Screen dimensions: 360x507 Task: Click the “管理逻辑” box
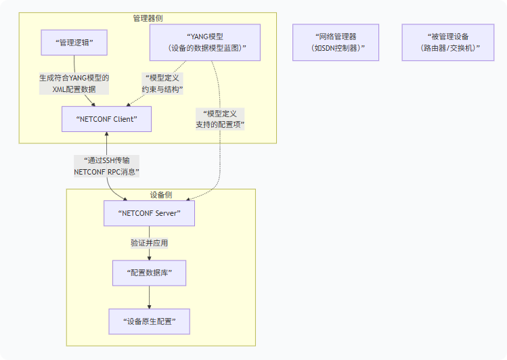pos(75,43)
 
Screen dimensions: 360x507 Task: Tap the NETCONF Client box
pos(106,119)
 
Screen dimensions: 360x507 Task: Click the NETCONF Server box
pos(149,213)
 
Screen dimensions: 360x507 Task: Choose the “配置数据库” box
pos(149,273)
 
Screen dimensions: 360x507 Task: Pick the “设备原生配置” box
pos(149,321)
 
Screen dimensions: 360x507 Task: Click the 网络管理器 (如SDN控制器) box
pos(336,43)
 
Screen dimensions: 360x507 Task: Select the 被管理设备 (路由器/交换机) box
pos(449,43)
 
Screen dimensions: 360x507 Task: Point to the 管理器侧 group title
pos(148,18)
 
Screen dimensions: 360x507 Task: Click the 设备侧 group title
pos(160,195)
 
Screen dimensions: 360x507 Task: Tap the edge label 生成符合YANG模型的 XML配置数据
pos(74,83)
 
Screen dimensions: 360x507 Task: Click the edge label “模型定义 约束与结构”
pos(162,83)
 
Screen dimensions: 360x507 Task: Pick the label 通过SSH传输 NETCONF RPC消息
pos(107,166)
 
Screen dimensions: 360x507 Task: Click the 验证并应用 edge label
pos(149,243)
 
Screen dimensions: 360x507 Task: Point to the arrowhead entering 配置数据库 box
pos(149,257)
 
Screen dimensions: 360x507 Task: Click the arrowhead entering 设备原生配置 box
pos(149,306)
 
